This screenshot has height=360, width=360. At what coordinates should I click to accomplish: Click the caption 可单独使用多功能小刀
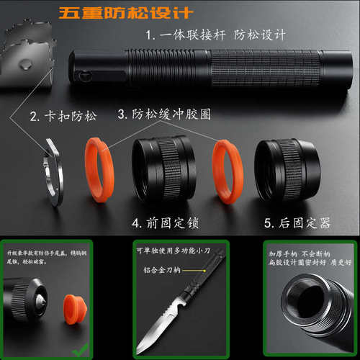tap(176, 250)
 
